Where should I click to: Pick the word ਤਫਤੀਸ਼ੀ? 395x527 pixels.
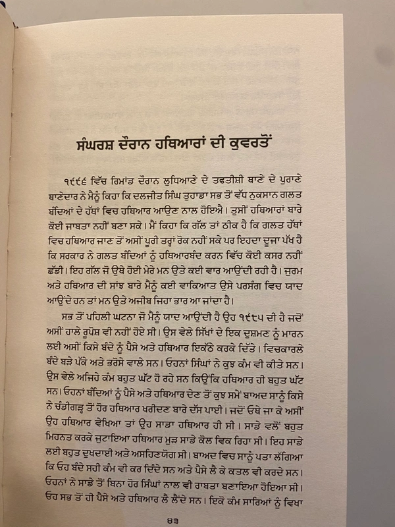274,180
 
